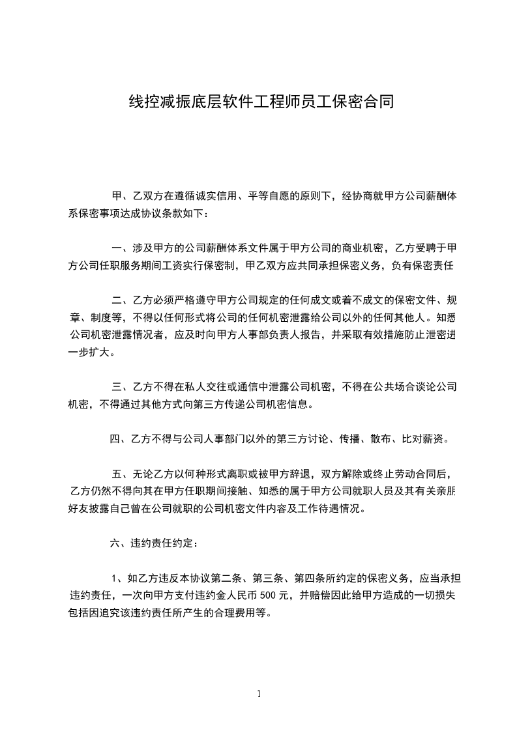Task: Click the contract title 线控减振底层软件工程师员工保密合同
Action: point(259,102)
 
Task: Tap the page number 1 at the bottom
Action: point(259,694)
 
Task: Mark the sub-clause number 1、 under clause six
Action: point(118,578)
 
